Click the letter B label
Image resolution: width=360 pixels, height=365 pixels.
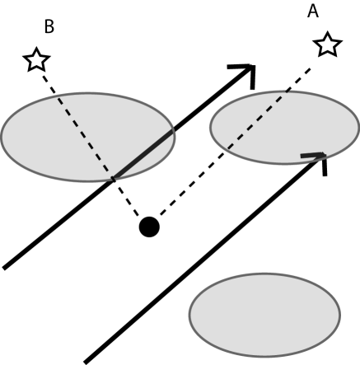pos(49,27)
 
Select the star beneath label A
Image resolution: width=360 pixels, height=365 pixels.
pos(328,44)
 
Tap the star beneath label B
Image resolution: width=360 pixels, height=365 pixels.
pos(35,59)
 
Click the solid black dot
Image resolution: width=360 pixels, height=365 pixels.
pos(148,226)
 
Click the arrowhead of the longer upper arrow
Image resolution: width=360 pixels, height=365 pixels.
pos(248,72)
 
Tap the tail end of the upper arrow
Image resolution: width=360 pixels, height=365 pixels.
pos(7,267)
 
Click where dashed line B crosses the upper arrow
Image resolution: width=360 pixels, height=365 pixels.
pos(113,175)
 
